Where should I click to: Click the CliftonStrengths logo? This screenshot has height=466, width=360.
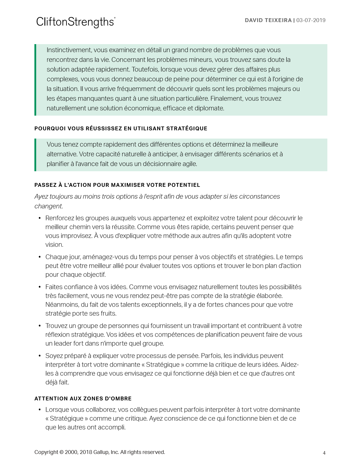(76, 22)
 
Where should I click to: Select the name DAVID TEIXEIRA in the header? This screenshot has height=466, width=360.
(268, 20)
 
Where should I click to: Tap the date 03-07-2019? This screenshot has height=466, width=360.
(311, 20)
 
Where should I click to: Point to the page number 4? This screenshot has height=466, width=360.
(324, 453)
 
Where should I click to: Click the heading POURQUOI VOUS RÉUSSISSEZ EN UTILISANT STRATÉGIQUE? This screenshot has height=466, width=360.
(121, 129)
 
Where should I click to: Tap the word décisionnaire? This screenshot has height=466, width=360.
(162, 164)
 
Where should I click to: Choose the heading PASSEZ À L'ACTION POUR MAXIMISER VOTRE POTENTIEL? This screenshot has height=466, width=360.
(117, 185)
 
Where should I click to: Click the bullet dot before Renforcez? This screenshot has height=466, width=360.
(40, 218)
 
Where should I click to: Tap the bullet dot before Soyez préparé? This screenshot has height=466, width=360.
(40, 356)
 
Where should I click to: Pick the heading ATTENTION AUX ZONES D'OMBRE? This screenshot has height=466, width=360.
(83, 399)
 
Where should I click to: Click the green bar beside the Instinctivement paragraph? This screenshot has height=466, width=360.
(35, 80)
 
